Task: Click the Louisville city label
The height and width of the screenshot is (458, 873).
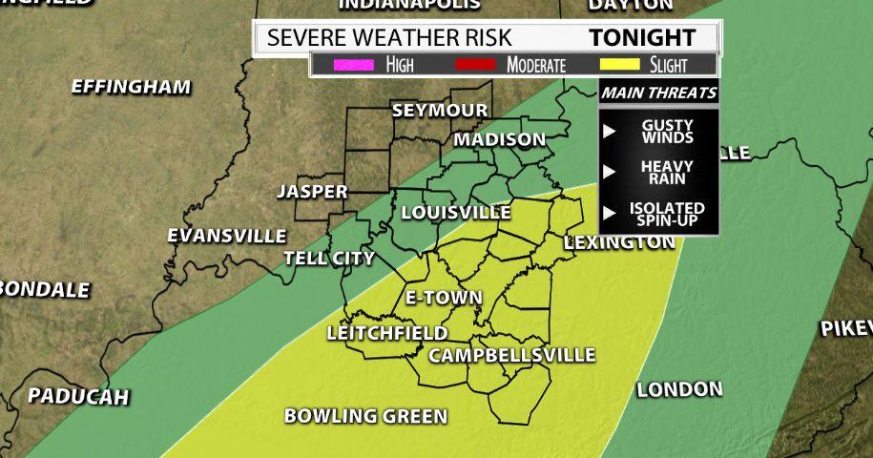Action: click(456, 212)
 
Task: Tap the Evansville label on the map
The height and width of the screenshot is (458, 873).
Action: click(226, 236)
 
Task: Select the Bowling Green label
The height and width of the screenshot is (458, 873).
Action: click(365, 416)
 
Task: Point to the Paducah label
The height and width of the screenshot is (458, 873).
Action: click(77, 396)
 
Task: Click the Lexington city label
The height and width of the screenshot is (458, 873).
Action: click(619, 242)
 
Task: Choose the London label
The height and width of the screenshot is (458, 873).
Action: click(679, 389)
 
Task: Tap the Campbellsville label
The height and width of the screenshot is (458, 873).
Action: click(511, 356)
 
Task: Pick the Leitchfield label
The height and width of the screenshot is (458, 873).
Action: click(387, 333)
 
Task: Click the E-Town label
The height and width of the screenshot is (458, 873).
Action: click(444, 298)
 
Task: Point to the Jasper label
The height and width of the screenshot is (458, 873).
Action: click(312, 192)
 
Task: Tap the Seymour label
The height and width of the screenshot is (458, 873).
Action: click(440, 111)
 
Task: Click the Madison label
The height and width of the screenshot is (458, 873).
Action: click(500, 140)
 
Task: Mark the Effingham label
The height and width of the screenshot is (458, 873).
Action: click(131, 87)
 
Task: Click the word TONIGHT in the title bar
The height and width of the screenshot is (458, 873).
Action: click(641, 38)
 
